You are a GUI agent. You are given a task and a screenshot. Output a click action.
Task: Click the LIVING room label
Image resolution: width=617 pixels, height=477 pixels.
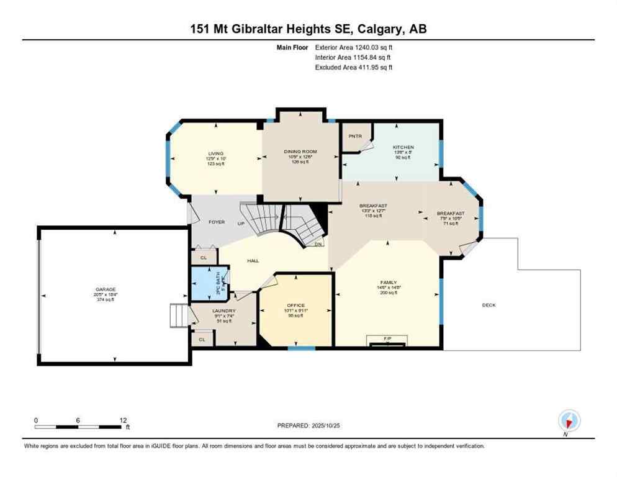pos(216,153)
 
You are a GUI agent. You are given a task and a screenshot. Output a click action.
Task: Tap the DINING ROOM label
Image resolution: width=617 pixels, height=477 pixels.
pos(300,152)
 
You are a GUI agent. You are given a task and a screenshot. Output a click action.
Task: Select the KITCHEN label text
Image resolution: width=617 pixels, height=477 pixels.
pos(403,147)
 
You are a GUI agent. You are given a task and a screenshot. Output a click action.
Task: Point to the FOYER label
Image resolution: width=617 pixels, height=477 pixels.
pos(216,222)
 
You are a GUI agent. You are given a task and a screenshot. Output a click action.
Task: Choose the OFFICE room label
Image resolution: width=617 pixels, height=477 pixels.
pos(295,305)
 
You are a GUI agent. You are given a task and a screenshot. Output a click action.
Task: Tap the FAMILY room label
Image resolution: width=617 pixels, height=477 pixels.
pos(389,282)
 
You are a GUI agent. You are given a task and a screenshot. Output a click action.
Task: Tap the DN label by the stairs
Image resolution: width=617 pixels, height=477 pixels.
pos(318,244)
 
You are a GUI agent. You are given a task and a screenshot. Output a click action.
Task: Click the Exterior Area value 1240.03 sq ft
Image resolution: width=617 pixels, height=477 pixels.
pos(369,47)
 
